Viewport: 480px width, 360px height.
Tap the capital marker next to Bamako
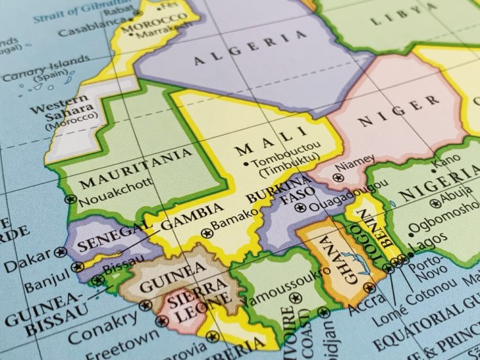tap(206, 233)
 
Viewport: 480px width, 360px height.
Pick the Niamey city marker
tap(339, 177)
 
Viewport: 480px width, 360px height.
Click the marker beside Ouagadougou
tap(303, 208)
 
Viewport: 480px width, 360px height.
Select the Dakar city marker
tap(61, 253)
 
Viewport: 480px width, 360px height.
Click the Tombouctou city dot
tap(246, 164)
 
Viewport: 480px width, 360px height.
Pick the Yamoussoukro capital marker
tap(294, 298)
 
